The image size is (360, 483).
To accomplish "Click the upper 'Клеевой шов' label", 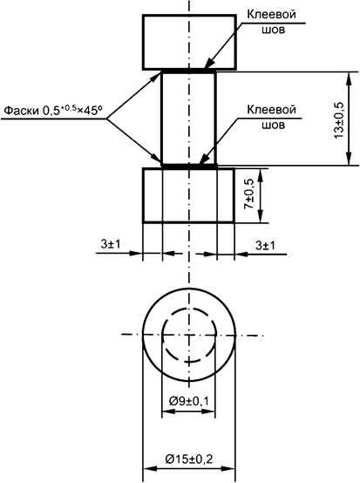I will [x=269, y=22].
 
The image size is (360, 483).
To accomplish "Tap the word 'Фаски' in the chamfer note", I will [x=22, y=112].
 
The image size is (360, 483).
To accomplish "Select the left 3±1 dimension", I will [x=110, y=246].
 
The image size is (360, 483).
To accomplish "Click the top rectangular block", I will [x=188, y=42].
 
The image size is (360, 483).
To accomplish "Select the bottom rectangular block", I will [x=188, y=195].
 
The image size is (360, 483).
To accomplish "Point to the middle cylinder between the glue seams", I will [x=188, y=118].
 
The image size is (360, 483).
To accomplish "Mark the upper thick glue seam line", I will [x=188, y=71].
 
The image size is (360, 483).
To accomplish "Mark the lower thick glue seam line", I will [x=188, y=165].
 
